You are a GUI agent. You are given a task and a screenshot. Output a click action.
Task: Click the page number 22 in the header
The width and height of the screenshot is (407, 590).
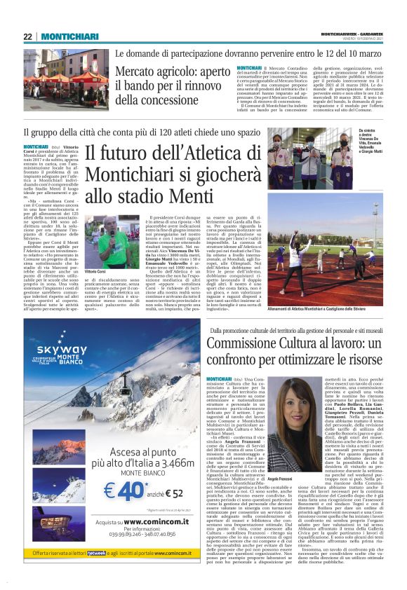(x=28, y=36)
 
